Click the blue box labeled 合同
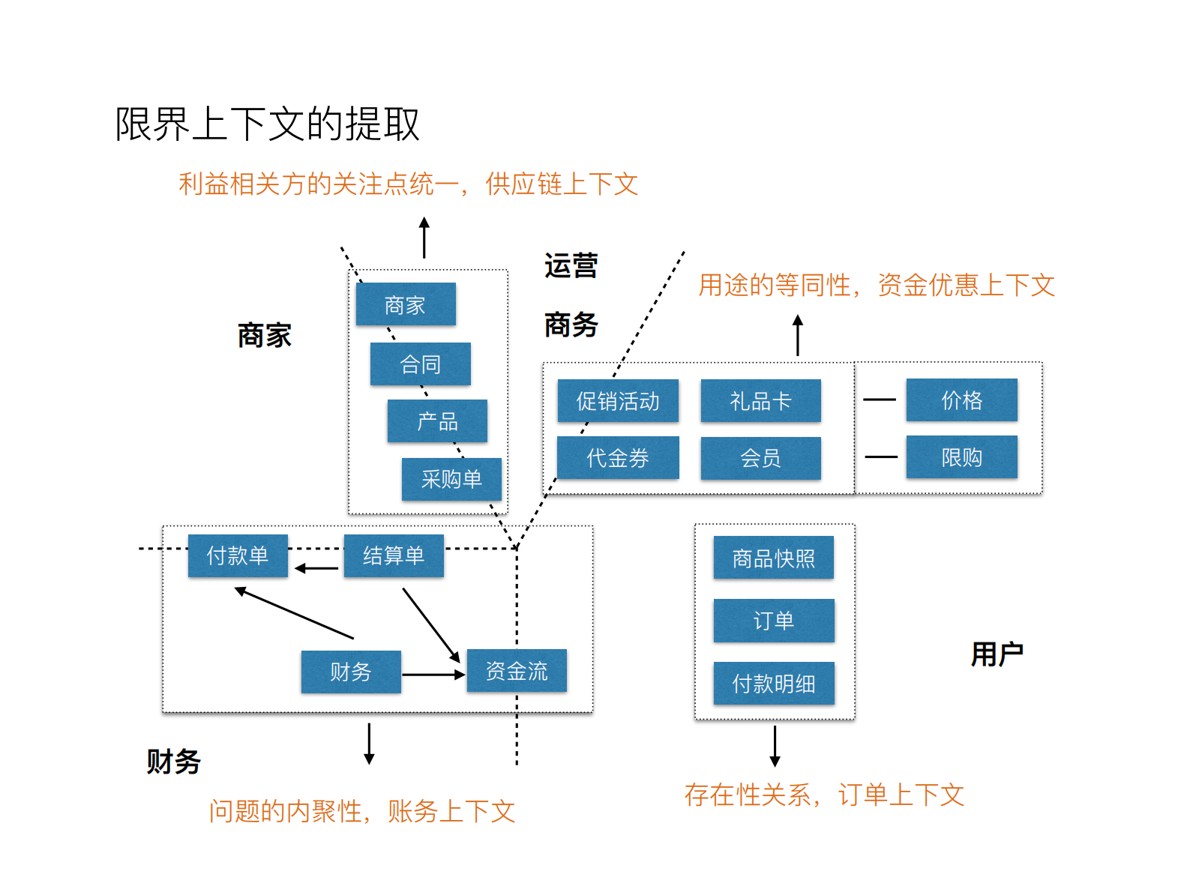tap(420, 364)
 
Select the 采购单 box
tap(451, 479)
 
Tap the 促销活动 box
tap(618, 401)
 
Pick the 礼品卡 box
tap(760, 401)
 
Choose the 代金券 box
tap(618, 458)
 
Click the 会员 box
tap(760, 458)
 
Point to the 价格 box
tap(961, 400)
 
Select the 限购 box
tap(961, 457)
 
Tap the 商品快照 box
tap(773, 558)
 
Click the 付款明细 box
tap(773, 684)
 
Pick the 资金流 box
tap(517, 671)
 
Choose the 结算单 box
tap(394, 555)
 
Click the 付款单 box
tap(238, 555)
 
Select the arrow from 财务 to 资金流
tap(433, 675)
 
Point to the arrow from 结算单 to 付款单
tap(316, 569)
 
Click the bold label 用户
tap(997, 654)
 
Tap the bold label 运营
tap(571, 266)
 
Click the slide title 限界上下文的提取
tap(267, 124)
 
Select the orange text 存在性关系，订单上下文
tap(823, 795)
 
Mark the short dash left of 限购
tap(881, 456)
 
